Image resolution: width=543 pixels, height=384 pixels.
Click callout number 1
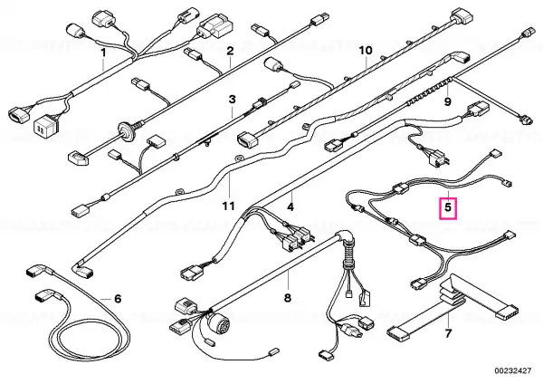click(x=103, y=53)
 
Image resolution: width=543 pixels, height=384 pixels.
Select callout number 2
click(x=230, y=51)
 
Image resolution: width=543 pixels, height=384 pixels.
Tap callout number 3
click(x=232, y=99)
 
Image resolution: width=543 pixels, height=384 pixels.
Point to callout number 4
click(x=291, y=207)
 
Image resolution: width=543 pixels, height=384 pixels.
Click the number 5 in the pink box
click(x=448, y=207)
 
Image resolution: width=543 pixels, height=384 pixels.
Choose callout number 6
click(x=118, y=298)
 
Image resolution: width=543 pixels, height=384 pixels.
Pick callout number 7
click(x=448, y=334)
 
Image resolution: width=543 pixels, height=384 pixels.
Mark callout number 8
click(x=288, y=297)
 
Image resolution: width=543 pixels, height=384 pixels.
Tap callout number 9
click(x=448, y=102)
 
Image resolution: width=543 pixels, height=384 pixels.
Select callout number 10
click(x=365, y=51)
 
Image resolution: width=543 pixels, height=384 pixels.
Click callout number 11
click(x=229, y=206)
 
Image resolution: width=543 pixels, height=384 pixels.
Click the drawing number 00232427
click(x=512, y=370)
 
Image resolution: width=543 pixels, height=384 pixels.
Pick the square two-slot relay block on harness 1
click(x=46, y=126)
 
